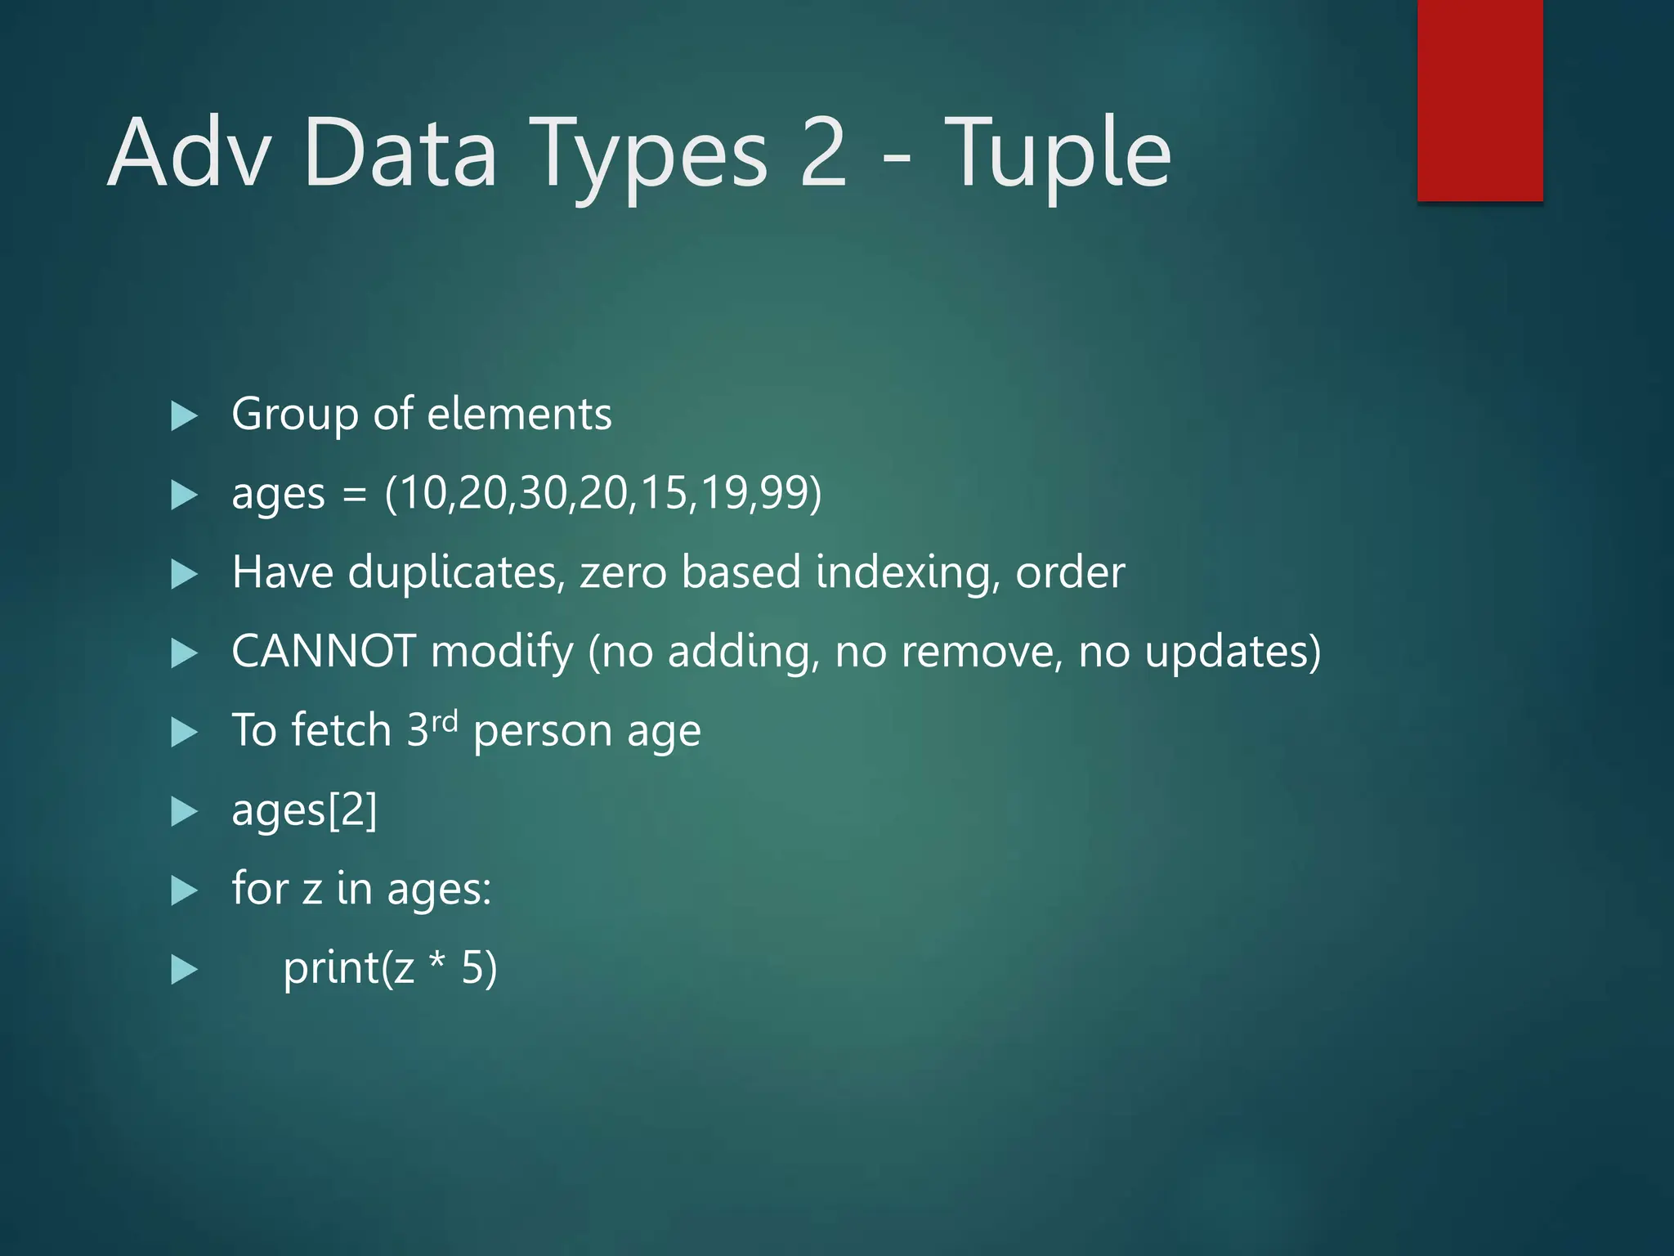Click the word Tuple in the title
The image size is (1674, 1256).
[1059, 153]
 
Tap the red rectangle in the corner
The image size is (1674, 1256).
[1479, 100]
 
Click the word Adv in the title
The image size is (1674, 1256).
[189, 153]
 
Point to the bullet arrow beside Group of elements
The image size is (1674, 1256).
[184, 416]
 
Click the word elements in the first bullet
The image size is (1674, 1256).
[519, 414]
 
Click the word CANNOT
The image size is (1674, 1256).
[324, 652]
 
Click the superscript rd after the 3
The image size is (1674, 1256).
[445, 720]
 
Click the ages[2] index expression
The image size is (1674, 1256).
[304, 810]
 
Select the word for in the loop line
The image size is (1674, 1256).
[260, 887]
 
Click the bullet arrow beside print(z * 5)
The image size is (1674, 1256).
[184, 971]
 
